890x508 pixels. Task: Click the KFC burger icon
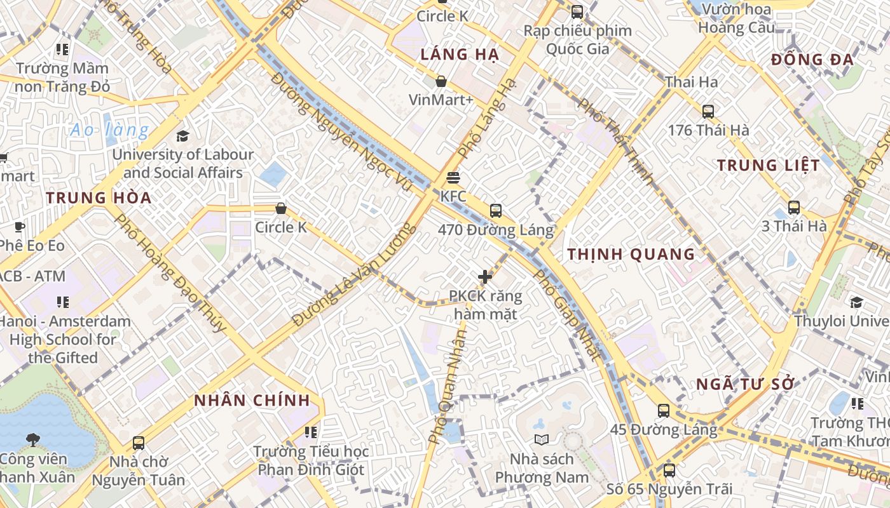453,178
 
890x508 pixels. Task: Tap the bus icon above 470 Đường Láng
496,211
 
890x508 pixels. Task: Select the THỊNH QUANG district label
631,255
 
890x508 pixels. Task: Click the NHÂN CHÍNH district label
252,401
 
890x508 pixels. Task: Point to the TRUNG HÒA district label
99,197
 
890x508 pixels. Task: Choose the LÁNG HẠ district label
460,55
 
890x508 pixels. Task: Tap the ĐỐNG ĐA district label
812,60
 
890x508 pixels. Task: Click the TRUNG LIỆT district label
769,166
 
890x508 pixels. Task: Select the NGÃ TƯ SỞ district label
746,384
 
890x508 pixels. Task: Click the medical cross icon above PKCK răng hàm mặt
485,277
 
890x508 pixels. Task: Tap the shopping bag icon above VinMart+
441,81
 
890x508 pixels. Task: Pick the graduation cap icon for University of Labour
183,136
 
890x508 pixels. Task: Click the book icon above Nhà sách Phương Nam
542,439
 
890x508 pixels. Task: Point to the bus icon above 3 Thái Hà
794,208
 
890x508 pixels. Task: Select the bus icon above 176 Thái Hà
708,112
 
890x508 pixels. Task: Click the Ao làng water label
109,130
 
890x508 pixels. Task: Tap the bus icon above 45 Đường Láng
664,411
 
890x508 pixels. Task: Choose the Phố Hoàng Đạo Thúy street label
170,273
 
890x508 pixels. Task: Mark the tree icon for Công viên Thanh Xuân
32,439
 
